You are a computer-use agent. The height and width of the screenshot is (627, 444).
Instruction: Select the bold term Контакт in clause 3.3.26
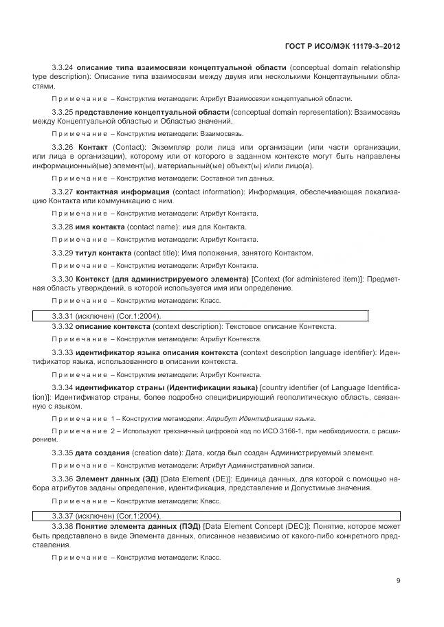pos(93,147)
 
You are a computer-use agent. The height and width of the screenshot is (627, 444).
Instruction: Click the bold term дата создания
pos(102,453)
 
